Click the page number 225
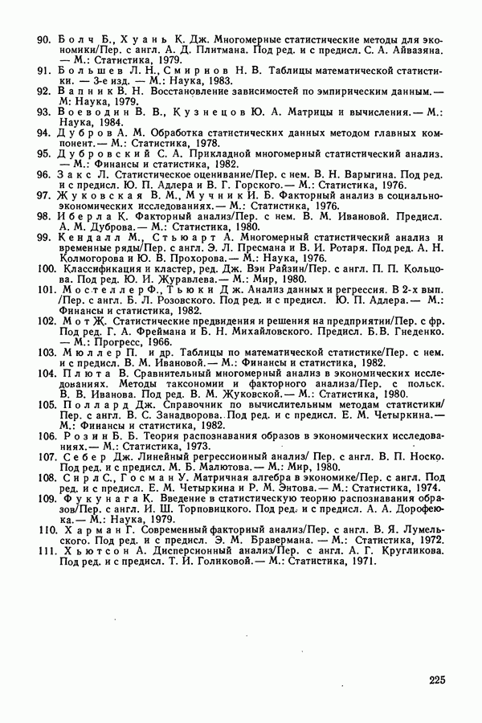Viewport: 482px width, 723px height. [x=436, y=681]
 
